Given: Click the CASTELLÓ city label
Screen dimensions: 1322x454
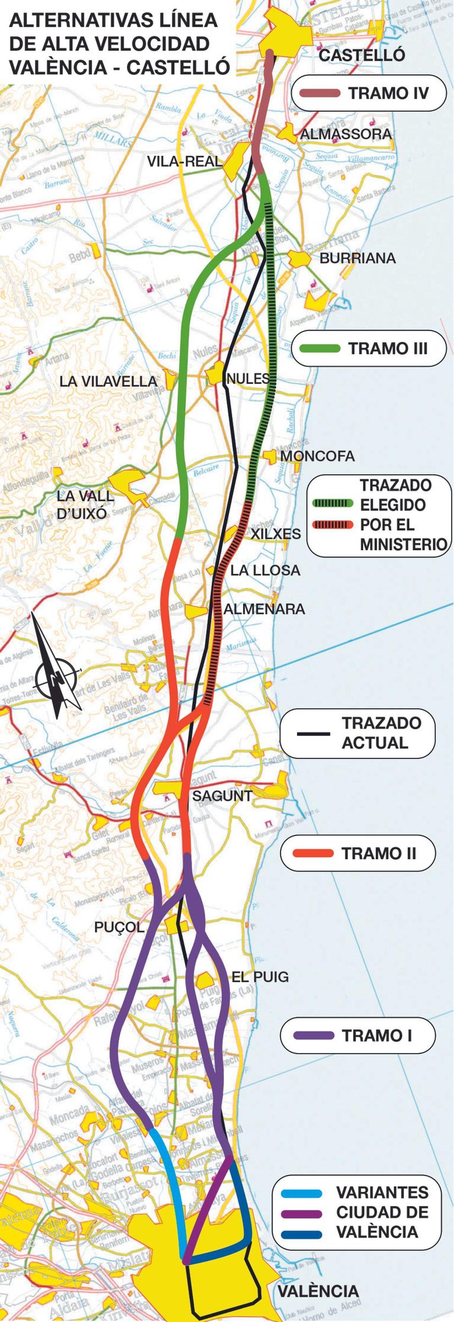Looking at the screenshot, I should [x=362, y=55].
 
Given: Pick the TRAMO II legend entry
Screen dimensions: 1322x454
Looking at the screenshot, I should [x=358, y=854].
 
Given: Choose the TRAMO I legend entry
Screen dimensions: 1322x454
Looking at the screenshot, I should [x=358, y=1036].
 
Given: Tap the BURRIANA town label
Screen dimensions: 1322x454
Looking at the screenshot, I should [x=358, y=258].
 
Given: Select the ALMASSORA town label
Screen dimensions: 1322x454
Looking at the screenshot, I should [x=346, y=134].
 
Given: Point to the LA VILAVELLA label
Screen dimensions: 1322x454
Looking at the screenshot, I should [x=108, y=381].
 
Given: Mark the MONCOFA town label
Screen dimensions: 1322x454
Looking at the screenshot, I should [x=317, y=456].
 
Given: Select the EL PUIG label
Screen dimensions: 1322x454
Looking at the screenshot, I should [x=260, y=977].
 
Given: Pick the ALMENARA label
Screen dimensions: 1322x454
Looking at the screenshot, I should [x=264, y=609].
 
